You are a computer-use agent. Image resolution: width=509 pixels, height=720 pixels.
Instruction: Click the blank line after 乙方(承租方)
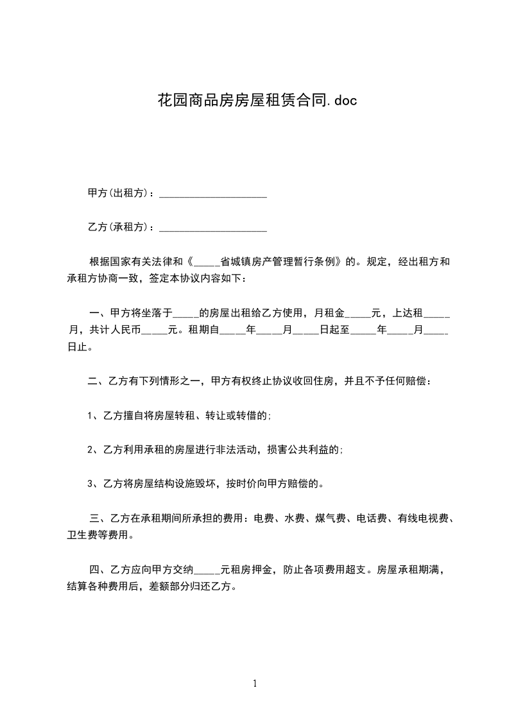(x=212, y=228)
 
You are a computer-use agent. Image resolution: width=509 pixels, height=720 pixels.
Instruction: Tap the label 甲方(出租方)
(x=120, y=193)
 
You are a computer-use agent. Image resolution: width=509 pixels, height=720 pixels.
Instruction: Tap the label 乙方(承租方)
(x=120, y=227)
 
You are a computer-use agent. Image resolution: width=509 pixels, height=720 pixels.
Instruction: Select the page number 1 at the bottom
(x=255, y=683)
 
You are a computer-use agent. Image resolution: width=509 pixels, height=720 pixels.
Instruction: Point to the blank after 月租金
(x=358, y=314)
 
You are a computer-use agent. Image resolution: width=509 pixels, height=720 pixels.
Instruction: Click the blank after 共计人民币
(x=154, y=332)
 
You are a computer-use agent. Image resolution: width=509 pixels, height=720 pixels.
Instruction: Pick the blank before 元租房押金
(x=207, y=569)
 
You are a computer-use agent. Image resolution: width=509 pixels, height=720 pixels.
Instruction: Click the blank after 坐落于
(x=186, y=314)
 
